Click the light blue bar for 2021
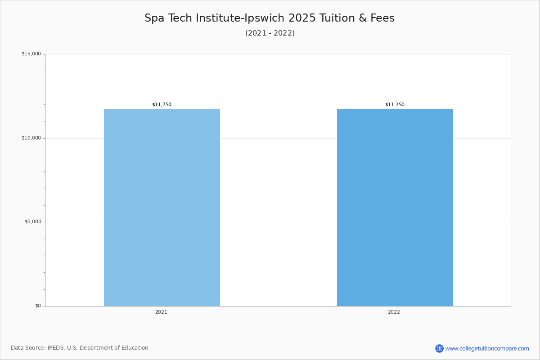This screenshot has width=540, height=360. [162, 207]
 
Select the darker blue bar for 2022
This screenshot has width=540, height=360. [395, 207]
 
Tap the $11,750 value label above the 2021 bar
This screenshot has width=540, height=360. [162, 105]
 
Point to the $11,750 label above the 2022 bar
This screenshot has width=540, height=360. [395, 105]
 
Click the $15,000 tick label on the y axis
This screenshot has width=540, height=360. [31, 54]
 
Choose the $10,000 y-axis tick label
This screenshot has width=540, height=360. [31, 138]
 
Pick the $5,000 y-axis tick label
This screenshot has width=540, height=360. [32, 222]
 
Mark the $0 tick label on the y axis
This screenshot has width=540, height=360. [38, 306]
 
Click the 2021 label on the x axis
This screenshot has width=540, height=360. [161, 312]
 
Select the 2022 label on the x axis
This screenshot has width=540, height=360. [394, 312]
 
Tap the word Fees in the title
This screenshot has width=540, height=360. [382, 18]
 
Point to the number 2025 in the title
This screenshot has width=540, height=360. [302, 18]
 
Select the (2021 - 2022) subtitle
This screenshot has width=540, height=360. [270, 33]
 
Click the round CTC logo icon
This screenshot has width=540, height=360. [439, 348]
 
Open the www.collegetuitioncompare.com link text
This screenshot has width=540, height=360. [487, 348]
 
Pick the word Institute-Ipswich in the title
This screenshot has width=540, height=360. [240, 18]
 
